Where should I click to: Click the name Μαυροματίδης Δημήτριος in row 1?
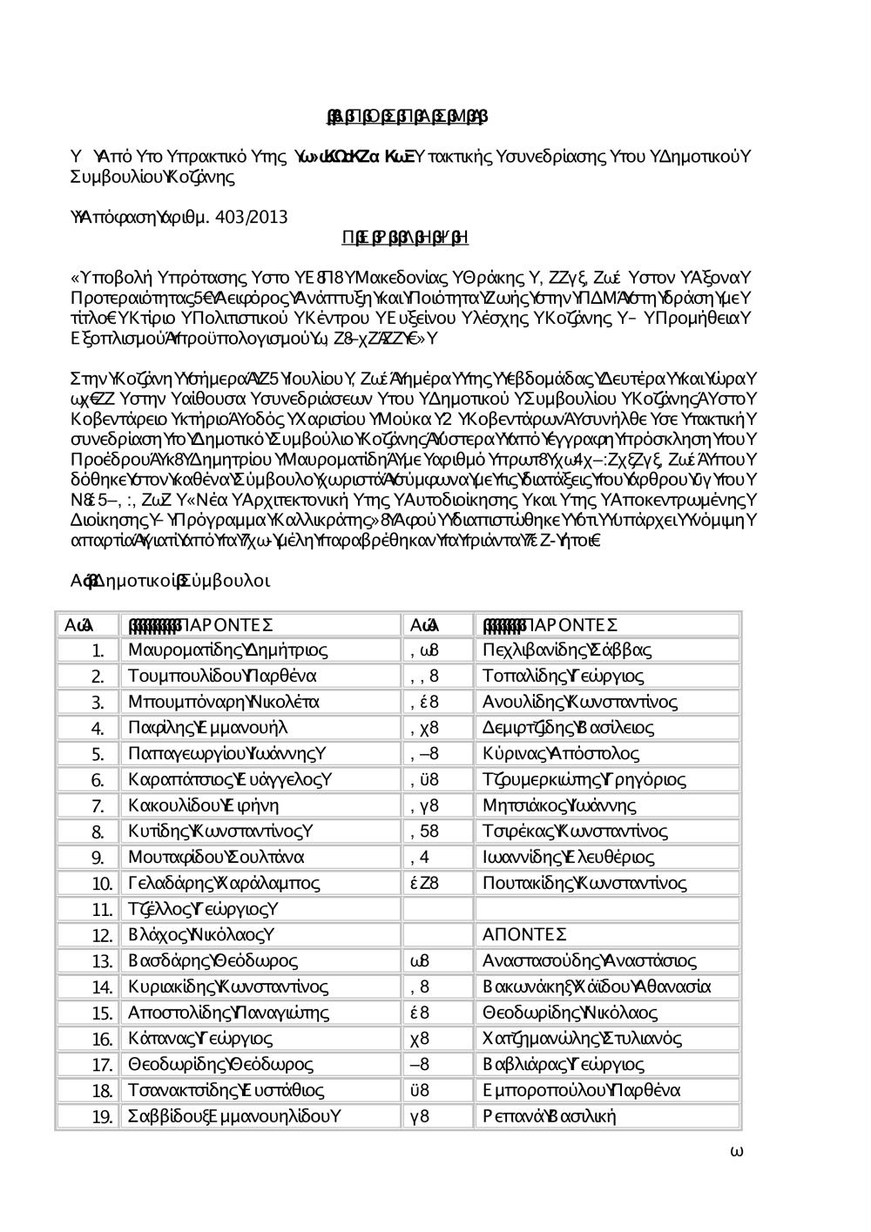tap(227, 650)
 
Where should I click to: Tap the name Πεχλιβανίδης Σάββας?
tap(566, 650)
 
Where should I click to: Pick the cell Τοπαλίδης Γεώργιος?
tap(563, 677)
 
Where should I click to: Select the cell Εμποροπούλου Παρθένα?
tap(581, 1090)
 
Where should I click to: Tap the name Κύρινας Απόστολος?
tap(560, 754)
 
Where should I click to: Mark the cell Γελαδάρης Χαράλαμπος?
tap(224, 884)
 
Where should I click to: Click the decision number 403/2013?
tap(253, 216)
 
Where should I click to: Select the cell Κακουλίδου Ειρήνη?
tap(203, 805)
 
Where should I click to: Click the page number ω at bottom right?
tap(736, 1151)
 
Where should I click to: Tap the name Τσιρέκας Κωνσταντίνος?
tap(575, 831)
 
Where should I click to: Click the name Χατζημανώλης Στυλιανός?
tap(582, 1039)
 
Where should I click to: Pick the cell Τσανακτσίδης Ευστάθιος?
tap(226, 1090)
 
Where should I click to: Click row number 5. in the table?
tap(98, 755)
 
